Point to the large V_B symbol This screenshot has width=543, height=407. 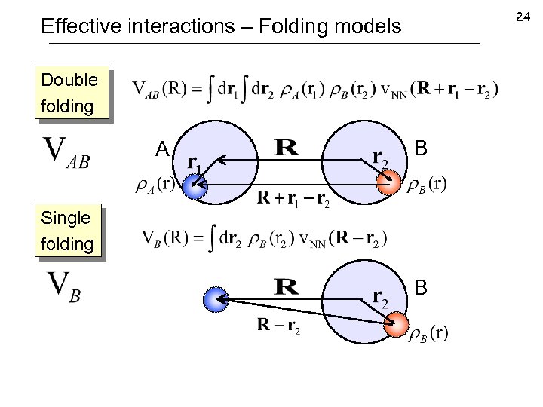[64, 286]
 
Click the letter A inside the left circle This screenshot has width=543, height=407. [161, 151]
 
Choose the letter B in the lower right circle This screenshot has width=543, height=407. [421, 286]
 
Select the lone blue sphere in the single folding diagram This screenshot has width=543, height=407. [216, 299]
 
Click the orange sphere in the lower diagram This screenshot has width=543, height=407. [395, 326]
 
